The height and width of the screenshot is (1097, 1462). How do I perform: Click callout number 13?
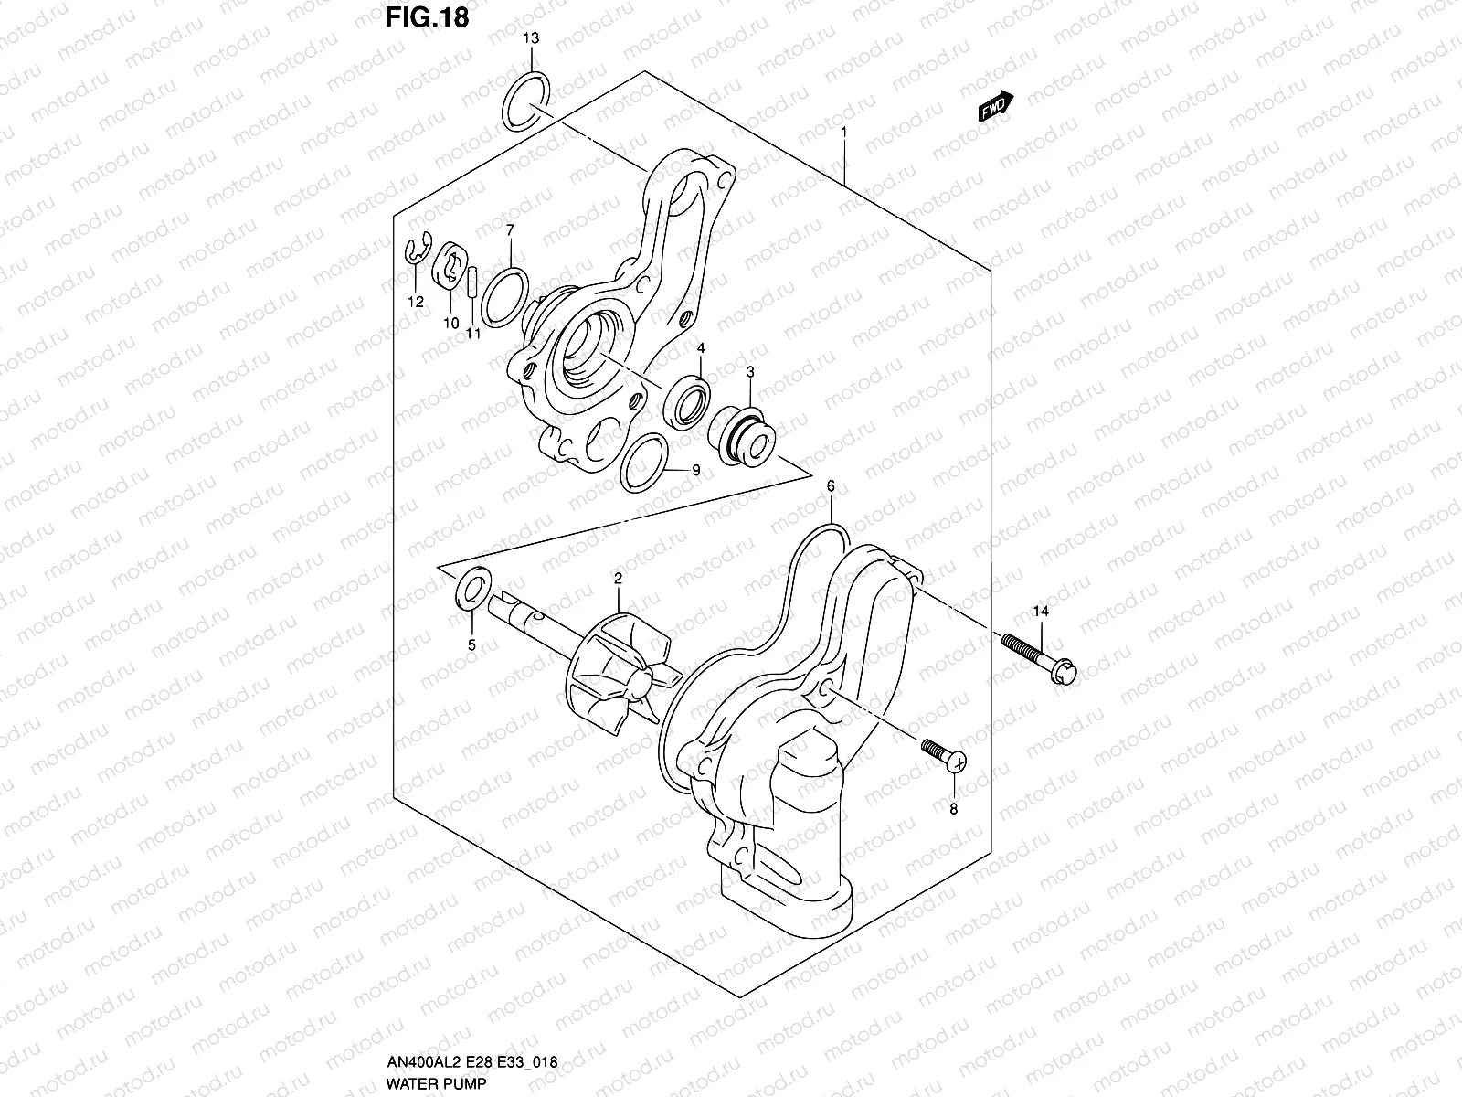tap(531, 38)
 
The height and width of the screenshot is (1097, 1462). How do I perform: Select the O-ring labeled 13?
tap(526, 101)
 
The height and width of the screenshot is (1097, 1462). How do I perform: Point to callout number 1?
tap(843, 132)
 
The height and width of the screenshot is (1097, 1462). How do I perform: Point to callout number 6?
tap(830, 485)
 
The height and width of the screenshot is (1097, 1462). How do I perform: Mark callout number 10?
tap(450, 323)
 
